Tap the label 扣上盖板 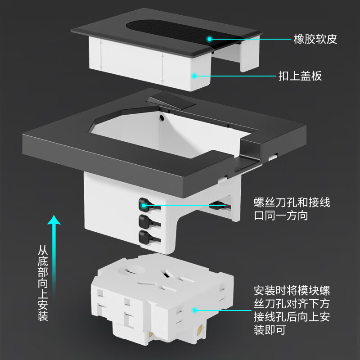pos(306,76)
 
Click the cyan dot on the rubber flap pos(210,39)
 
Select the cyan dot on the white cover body pos(194,76)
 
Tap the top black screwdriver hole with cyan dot pos(144,205)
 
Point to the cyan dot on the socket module pos(194,310)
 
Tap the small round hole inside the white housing pos(162,118)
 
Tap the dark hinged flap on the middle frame pos(173,102)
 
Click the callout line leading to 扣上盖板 pos(234,76)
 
